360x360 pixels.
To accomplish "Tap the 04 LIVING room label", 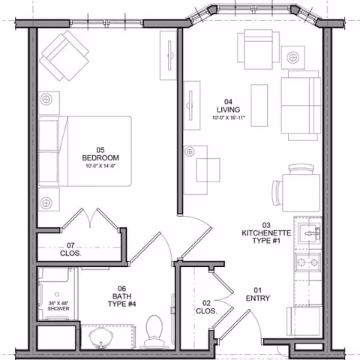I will click(x=229, y=106).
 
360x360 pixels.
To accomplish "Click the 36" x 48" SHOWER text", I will click(x=58, y=305).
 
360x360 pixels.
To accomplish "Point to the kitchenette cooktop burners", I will click(x=308, y=262).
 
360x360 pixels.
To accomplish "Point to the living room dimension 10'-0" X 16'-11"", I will click(x=229, y=118).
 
